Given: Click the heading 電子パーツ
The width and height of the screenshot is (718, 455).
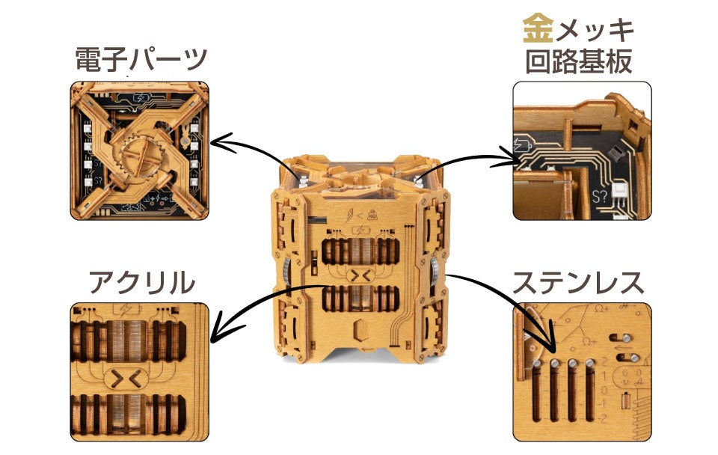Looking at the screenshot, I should point(140,60).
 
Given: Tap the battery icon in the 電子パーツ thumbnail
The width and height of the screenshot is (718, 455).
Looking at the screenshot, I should point(141,97).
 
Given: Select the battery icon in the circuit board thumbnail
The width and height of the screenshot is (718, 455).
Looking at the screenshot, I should point(521,146).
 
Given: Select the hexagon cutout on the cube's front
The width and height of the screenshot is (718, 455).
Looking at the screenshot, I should point(360,331).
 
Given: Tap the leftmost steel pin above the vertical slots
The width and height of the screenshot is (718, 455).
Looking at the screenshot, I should point(536,363).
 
